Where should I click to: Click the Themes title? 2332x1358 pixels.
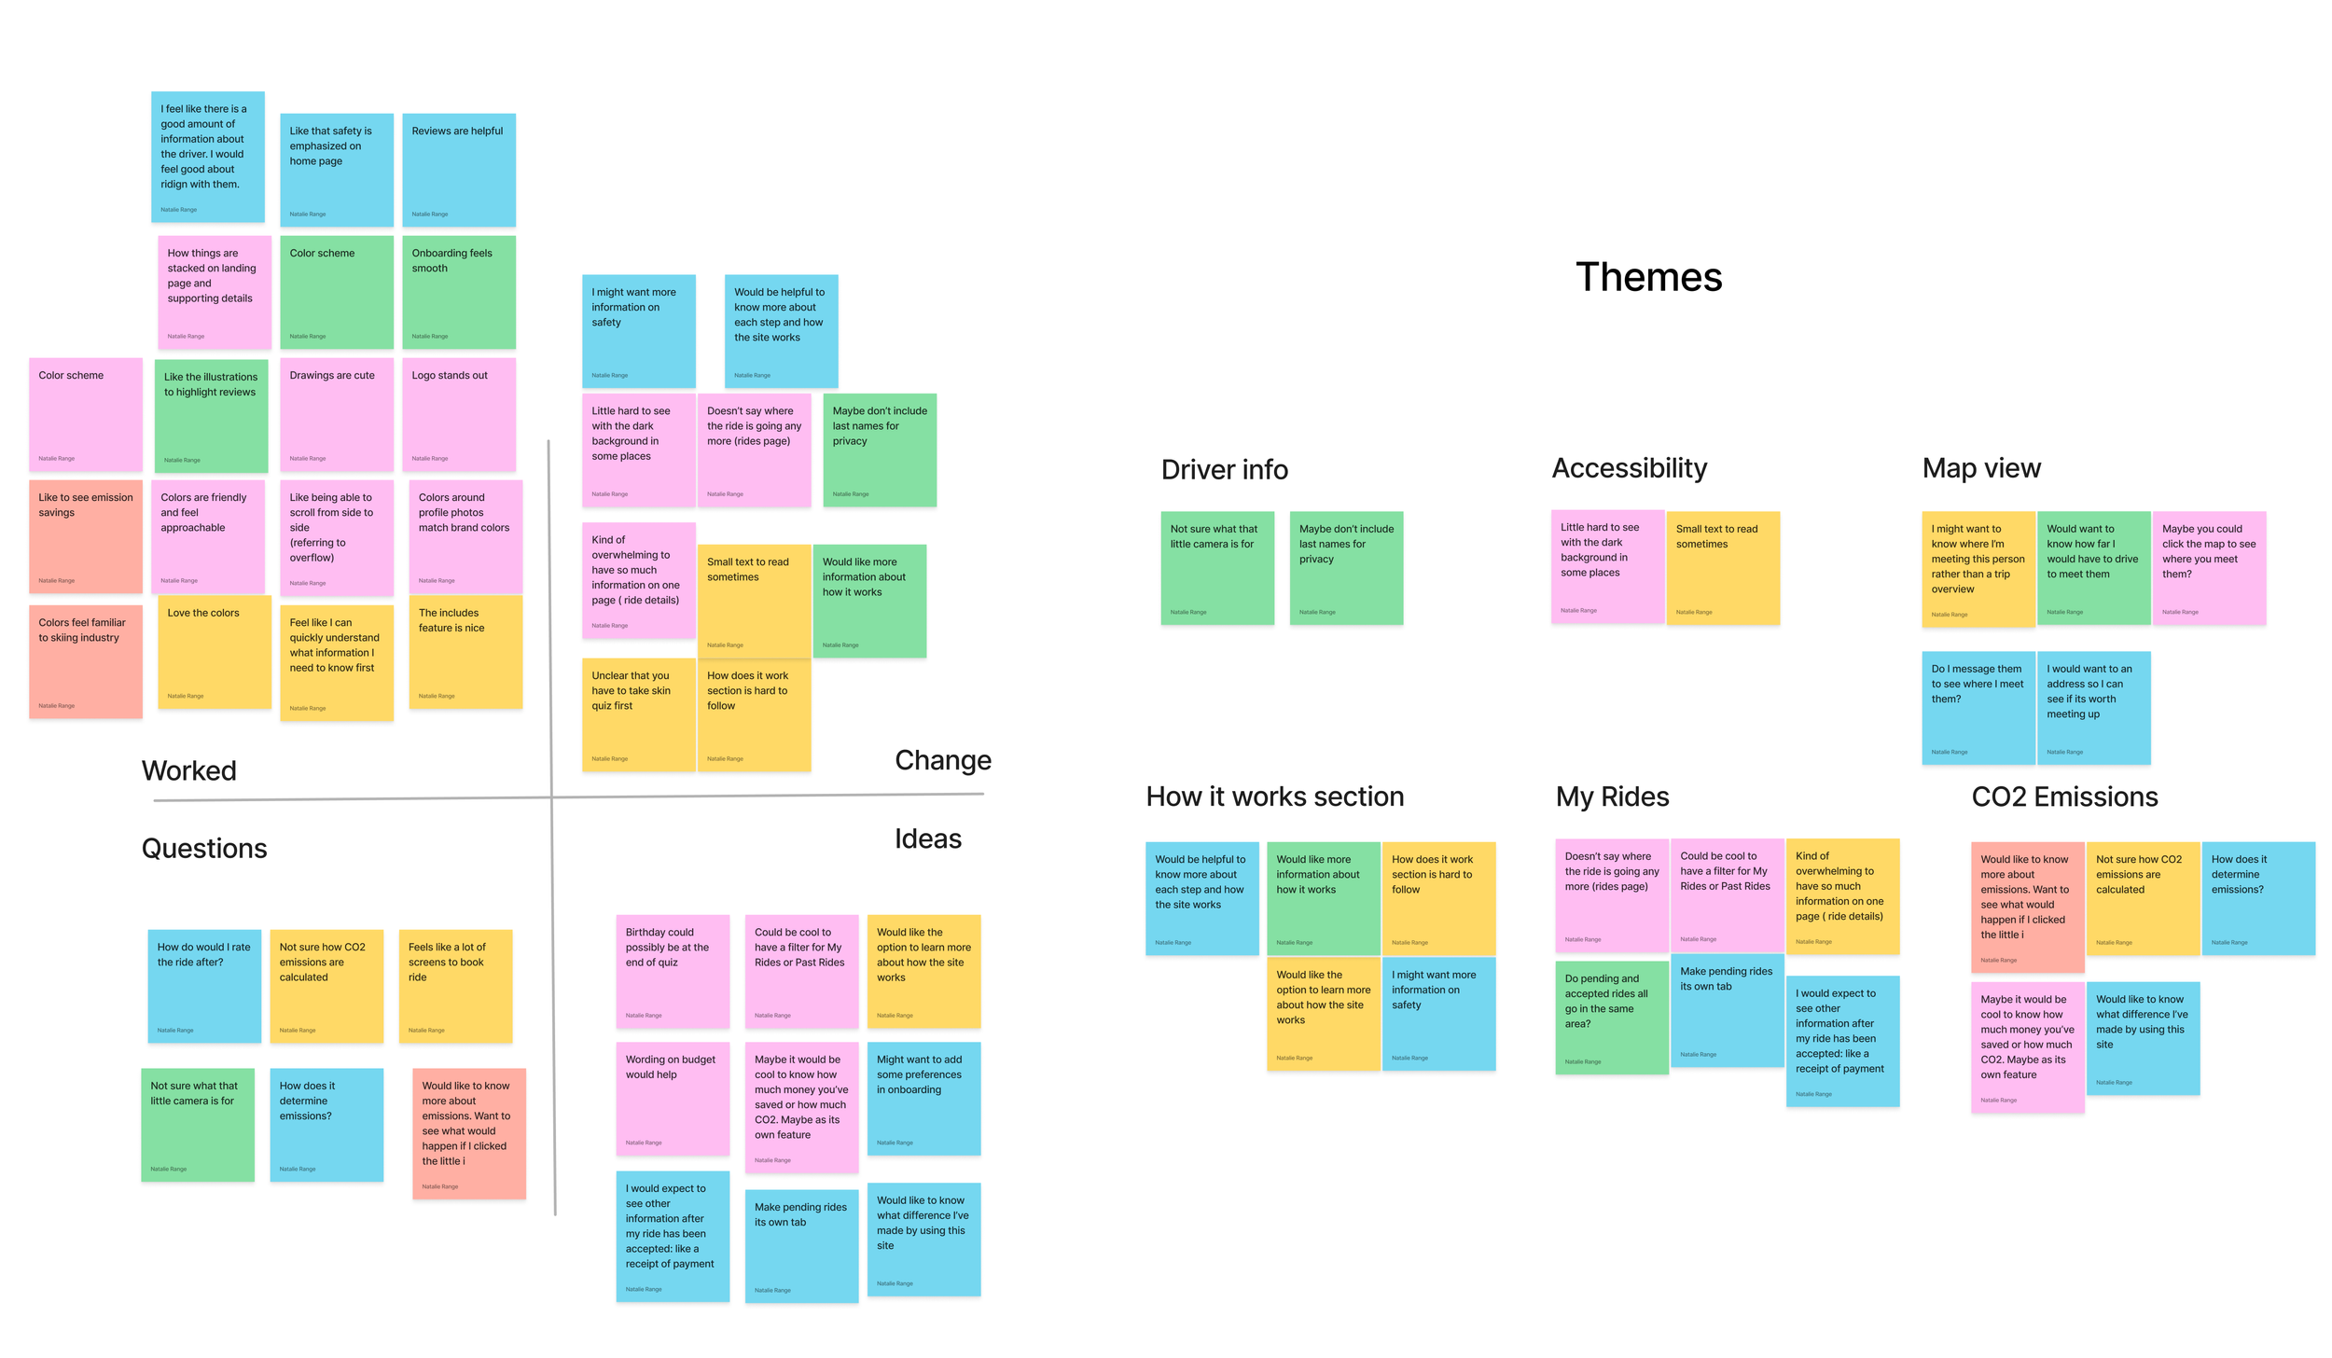tap(1648, 277)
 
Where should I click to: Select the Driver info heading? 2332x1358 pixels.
tap(1224, 469)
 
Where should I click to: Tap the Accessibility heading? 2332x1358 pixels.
tap(1629, 468)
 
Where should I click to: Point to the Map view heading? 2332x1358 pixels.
tap(1980, 468)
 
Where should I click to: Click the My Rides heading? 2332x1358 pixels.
tap(1612, 797)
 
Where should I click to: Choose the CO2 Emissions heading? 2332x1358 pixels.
tap(2064, 797)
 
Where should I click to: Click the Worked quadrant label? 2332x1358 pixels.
tap(189, 770)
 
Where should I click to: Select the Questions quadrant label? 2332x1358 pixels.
tap(204, 848)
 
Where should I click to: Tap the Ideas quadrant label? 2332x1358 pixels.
tap(927, 838)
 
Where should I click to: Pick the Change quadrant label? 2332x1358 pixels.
tap(942, 760)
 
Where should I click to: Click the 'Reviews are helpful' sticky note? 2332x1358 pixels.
tap(458, 170)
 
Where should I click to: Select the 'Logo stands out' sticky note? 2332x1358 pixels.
tap(458, 414)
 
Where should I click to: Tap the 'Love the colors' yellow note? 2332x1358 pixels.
tap(214, 652)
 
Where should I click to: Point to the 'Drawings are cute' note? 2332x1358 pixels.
tap(336, 414)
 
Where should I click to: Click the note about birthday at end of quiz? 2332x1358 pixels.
tap(672, 970)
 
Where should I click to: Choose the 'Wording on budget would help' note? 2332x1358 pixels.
tap(672, 1098)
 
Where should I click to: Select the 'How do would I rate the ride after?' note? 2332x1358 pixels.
tap(203, 985)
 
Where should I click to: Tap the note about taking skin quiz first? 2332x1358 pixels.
tap(638, 714)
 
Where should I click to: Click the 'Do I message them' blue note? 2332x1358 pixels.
tap(1978, 707)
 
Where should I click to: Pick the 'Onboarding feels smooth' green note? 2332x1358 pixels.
tap(458, 292)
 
